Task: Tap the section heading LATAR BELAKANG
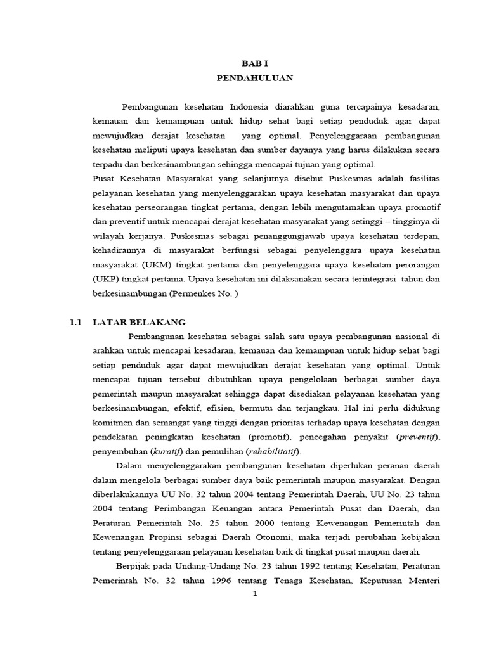pyautogui.click(x=139, y=322)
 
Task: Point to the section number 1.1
pyautogui.click(x=76, y=322)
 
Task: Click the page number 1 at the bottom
pyautogui.click(x=254, y=594)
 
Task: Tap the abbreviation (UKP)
pyautogui.click(x=104, y=279)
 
